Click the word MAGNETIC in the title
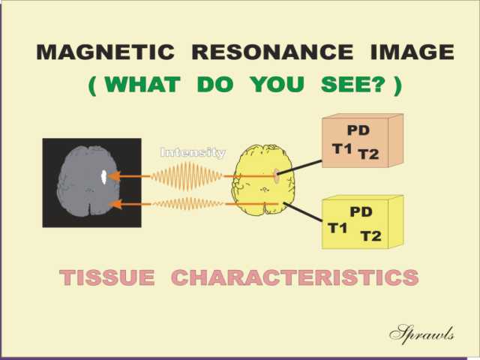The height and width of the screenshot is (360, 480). (106, 52)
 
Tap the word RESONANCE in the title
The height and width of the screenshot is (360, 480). (272, 52)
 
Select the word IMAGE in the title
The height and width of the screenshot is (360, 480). (412, 52)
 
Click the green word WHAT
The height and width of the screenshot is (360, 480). (142, 84)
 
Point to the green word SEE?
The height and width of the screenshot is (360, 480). (352, 84)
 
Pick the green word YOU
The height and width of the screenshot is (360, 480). (277, 84)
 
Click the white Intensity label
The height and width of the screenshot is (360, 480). (193, 152)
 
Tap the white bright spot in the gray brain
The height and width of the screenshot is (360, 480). (104, 177)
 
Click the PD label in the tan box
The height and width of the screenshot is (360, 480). (358, 130)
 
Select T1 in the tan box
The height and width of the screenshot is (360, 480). (342, 149)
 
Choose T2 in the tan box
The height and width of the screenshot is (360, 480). (369, 154)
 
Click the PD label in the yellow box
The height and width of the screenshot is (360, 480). (361, 211)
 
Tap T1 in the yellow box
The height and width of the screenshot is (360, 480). (337, 228)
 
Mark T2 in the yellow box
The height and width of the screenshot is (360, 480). (371, 236)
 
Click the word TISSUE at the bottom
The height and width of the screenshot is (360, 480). (107, 277)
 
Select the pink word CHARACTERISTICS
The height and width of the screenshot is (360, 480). (295, 277)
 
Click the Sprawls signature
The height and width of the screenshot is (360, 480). (421, 334)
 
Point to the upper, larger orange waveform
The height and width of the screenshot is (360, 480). (187, 177)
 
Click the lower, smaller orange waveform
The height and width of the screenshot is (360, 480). (188, 203)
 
